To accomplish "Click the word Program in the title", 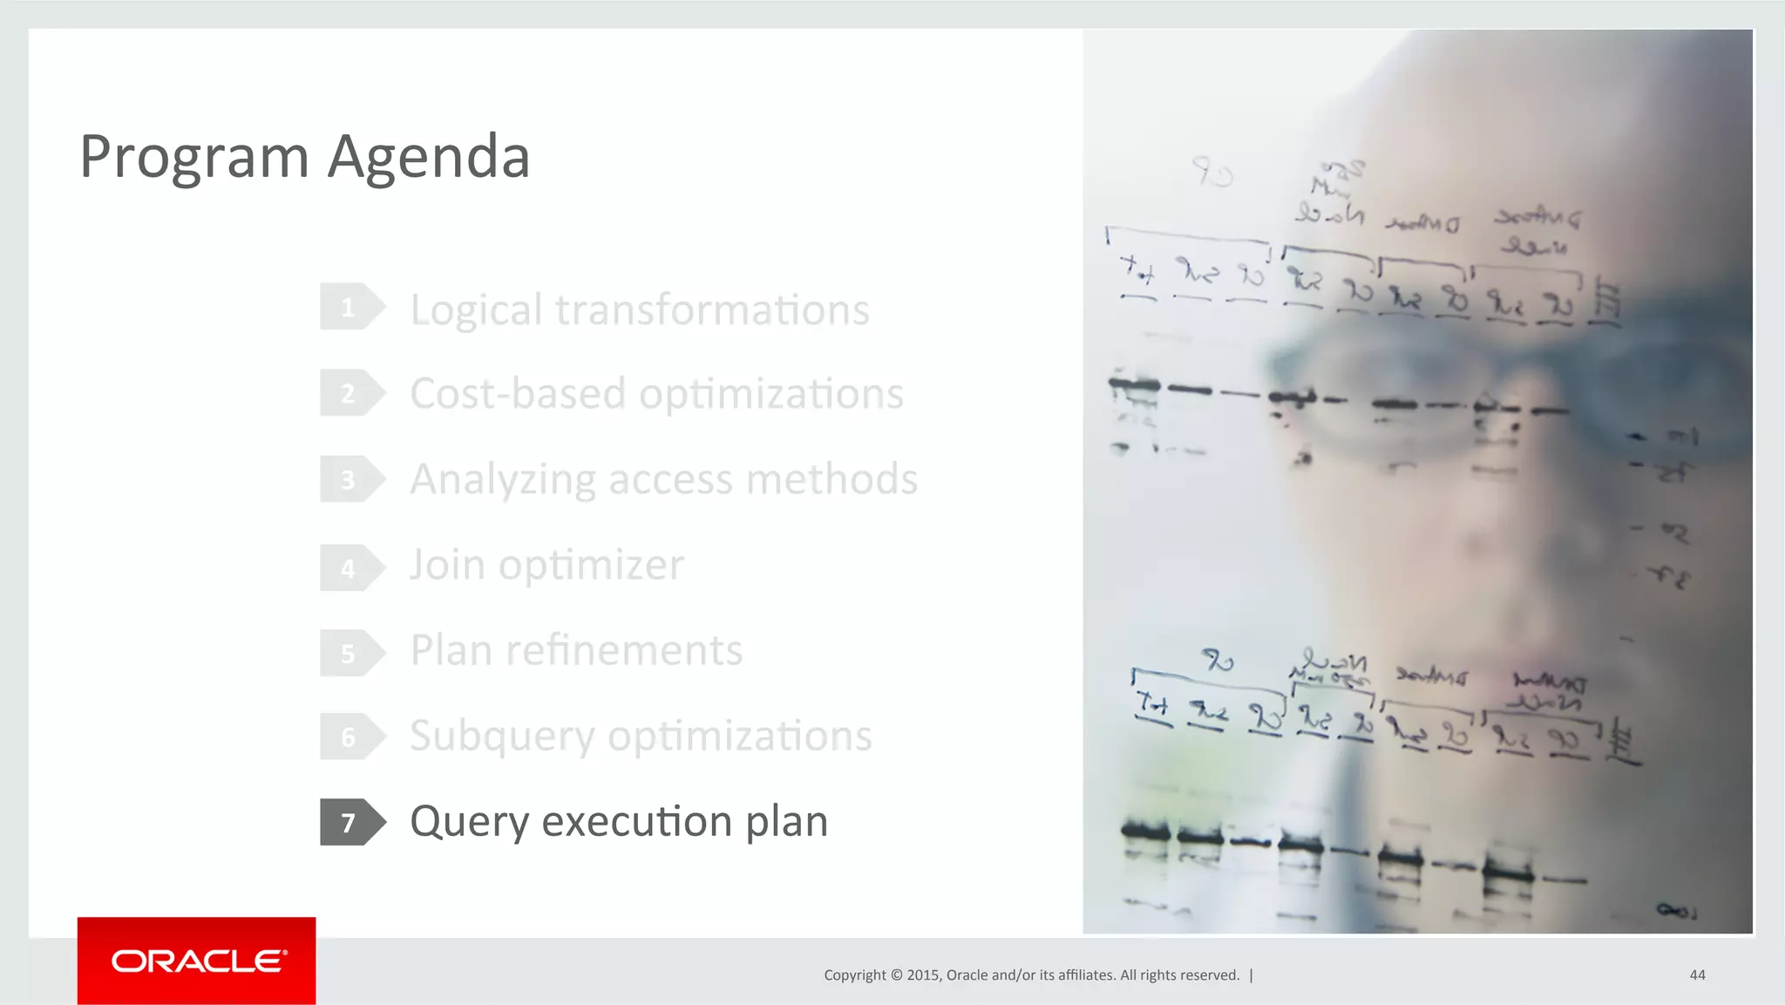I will [x=194, y=158].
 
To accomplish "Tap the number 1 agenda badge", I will [x=350, y=307].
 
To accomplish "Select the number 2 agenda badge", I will [x=350, y=393].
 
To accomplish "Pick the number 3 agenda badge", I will [x=350, y=479].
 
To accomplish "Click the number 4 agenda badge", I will [x=350, y=567].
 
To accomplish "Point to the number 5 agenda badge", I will [x=350, y=653].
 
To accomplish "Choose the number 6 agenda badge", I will [x=350, y=737].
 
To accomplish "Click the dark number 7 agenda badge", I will [x=350, y=822].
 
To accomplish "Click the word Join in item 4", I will [x=447, y=566].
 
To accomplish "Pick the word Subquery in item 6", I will [x=502, y=737].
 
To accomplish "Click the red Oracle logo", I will [x=197, y=961].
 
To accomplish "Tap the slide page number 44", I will [x=1697, y=975].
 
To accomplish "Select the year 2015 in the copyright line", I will [x=922, y=975].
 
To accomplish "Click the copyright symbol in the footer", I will [x=896, y=975].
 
